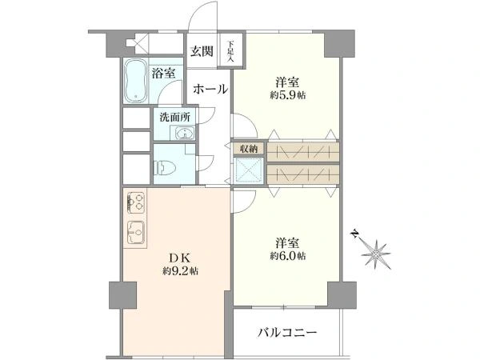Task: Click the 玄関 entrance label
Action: coord(202,51)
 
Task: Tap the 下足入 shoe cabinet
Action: coord(230,51)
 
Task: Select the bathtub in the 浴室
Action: coord(136,81)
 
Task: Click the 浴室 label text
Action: coord(163,74)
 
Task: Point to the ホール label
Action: coord(210,90)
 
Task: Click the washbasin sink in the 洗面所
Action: coord(184,134)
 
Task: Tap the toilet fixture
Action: coord(164,168)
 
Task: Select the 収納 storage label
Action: coord(248,149)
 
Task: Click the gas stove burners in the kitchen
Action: coord(136,202)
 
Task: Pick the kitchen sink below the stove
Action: coord(136,233)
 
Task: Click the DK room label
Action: coord(180,258)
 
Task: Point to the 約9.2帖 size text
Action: coord(180,271)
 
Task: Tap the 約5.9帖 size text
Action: coord(288,95)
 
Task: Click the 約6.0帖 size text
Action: coord(288,256)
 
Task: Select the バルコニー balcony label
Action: coord(287,333)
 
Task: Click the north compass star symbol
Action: coord(376,254)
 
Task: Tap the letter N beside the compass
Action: coord(354,234)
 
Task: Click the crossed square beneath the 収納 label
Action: coord(248,170)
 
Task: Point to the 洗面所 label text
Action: coord(174,118)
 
